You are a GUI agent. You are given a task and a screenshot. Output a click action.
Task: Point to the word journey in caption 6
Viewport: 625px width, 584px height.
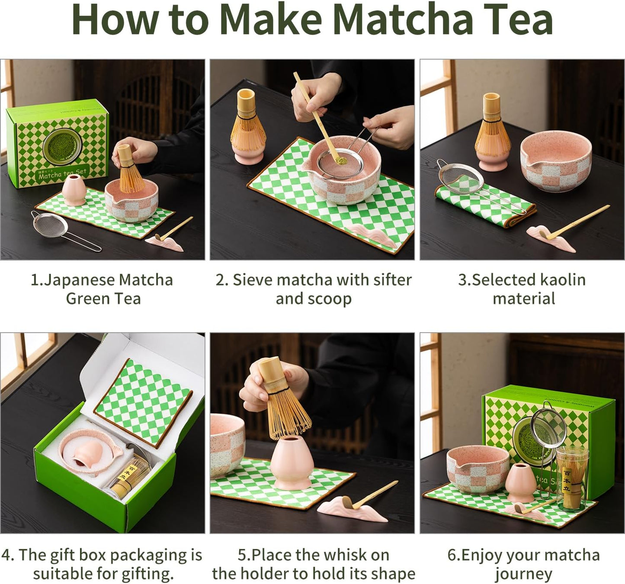pyautogui.click(x=523, y=574)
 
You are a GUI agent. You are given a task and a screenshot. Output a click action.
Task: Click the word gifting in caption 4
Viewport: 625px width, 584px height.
pyautogui.click(x=147, y=574)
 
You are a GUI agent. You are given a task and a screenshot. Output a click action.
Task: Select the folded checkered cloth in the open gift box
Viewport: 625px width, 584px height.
pyautogui.click(x=143, y=400)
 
